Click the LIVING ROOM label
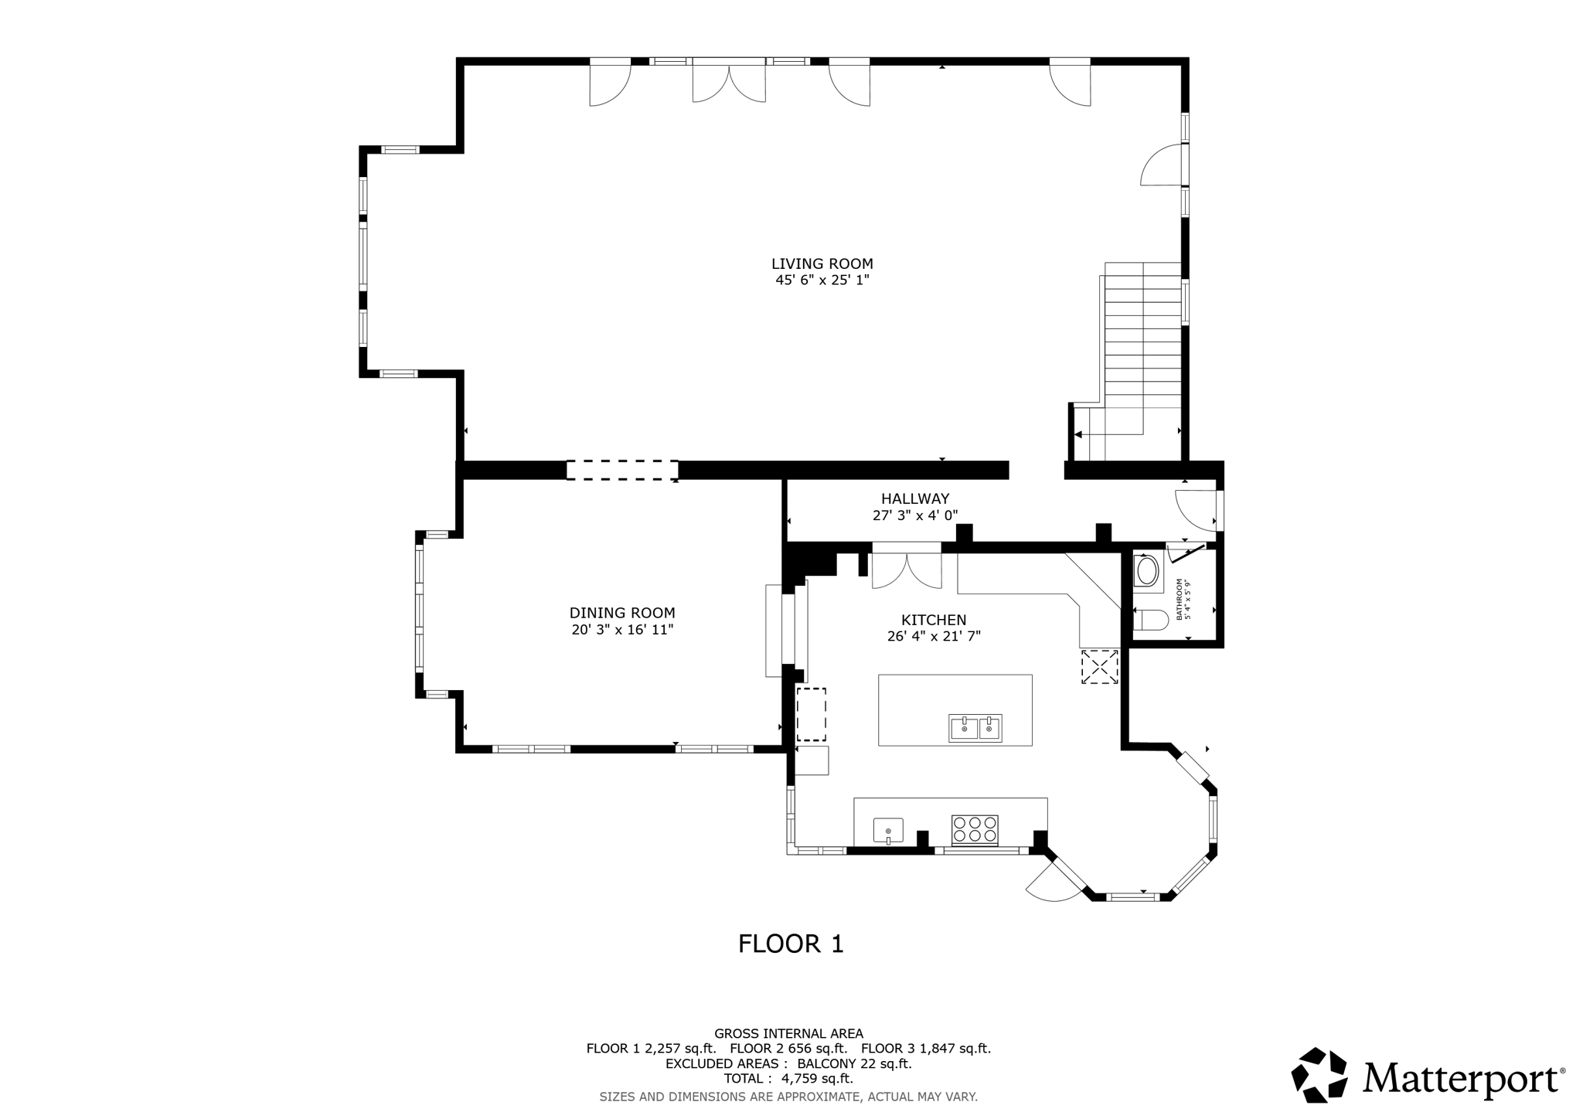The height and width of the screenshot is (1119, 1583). tap(822, 264)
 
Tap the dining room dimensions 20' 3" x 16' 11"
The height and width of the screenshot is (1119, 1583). tap(622, 630)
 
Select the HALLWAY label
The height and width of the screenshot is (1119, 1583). tap(915, 499)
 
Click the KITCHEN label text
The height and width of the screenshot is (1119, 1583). tap(934, 620)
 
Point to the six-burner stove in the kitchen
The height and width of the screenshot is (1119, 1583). tap(975, 829)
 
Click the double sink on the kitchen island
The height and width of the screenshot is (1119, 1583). tap(975, 728)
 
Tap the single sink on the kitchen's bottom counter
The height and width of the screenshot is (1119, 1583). tap(888, 831)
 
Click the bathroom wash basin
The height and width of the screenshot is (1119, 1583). tap(1147, 573)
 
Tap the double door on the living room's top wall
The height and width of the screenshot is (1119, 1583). tap(729, 81)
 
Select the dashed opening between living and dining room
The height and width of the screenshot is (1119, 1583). tap(622, 470)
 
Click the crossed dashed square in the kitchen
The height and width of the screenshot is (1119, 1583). tap(1099, 667)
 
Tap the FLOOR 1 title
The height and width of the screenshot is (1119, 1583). tap(791, 944)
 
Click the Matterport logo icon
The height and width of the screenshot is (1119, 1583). tap(1319, 1075)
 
